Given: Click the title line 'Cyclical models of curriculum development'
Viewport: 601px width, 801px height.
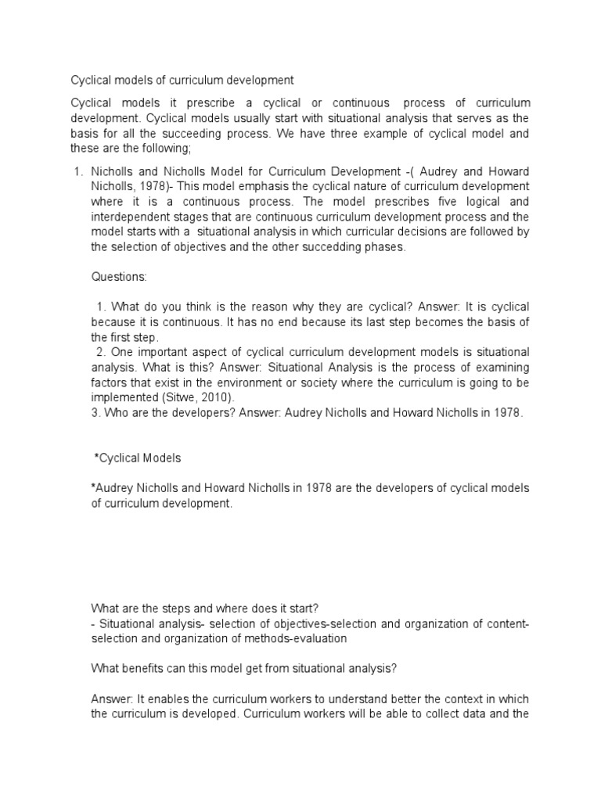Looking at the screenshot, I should [182, 80].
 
